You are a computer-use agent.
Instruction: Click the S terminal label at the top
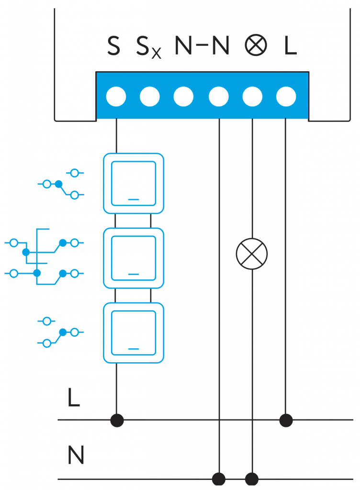(x=113, y=46)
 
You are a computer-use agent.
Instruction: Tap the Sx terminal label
(x=148, y=47)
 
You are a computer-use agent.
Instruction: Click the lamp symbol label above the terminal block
(x=256, y=46)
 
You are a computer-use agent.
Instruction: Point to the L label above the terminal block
(x=290, y=46)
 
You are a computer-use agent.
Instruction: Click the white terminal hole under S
(x=116, y=97)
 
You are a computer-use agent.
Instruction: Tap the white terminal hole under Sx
(x=150, y=97)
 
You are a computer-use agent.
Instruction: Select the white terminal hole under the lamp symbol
(x=252, y=97)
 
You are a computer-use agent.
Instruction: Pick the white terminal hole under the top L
(x=286, y=97)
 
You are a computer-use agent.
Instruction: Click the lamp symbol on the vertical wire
(x=252, y=254)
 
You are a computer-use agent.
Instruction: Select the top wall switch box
(x=134, y=183)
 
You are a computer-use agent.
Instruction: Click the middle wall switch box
(x=134, y=258)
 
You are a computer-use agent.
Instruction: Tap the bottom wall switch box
(x=134, y=333)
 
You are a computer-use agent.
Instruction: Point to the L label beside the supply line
(x=73, y=398)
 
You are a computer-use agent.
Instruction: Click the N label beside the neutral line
(x=76, y=456)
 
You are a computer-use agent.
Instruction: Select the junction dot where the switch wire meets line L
(x=117, y=420)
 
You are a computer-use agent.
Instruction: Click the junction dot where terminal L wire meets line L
(x=286, y=420)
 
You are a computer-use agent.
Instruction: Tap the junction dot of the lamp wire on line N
(x=252, y=479)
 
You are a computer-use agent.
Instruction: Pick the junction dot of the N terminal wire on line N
(x=219, y=479)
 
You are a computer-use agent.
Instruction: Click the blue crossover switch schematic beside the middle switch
(x=44, y=257)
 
